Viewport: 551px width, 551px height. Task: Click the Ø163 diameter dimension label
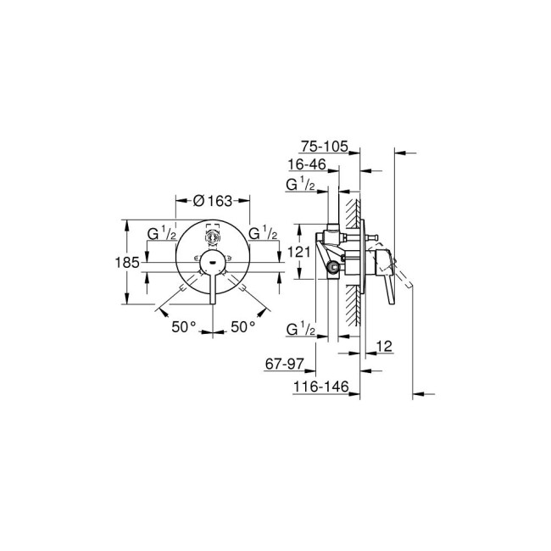(x=212, y=201)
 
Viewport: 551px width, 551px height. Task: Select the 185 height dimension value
(x=126, y=263)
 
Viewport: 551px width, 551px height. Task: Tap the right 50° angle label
(x=243, y=326)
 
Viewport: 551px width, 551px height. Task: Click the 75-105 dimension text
(x=326, y=147)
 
